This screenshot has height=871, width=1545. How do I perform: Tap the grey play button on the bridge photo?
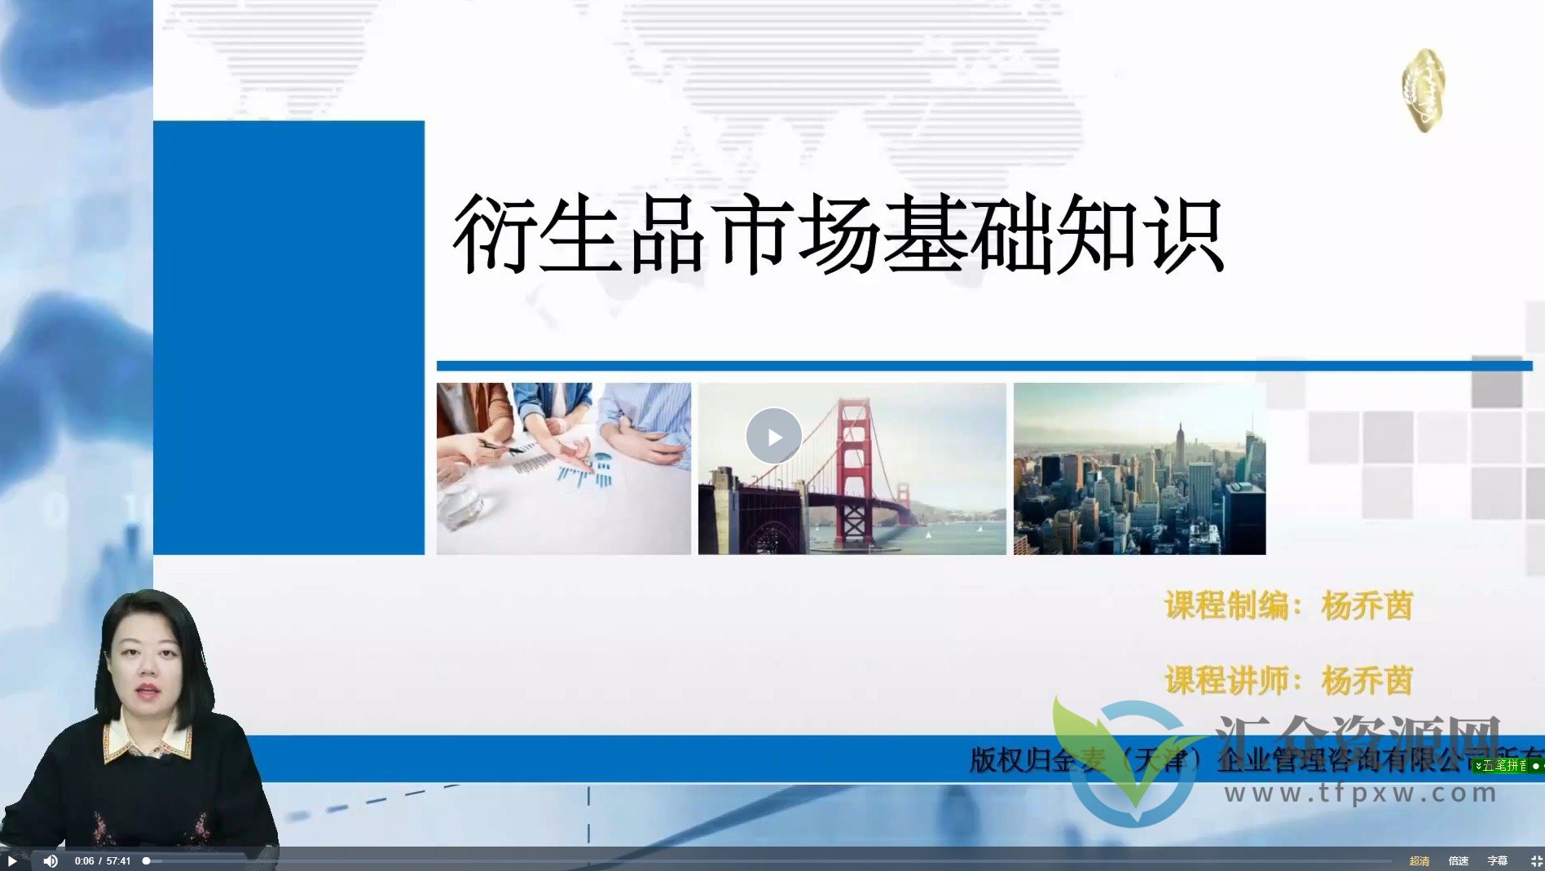(x=773, y=437)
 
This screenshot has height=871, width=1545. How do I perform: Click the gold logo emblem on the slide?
(x=1424, y=90)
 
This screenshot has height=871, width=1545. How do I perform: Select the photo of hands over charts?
(x=563, y=468)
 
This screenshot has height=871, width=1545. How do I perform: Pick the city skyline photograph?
(x=1139, y=468)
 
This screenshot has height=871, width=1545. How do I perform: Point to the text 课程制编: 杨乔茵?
(x=1287, y=605)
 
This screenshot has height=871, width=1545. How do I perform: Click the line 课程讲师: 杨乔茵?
(x=1287, y=680)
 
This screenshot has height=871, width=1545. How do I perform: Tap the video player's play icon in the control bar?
(x=12, y=860)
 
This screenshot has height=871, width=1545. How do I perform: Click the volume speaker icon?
(x=51, y=860)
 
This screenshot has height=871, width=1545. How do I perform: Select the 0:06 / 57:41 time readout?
(x=103, y=860)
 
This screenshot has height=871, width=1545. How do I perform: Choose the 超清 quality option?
(x=1420, y=860)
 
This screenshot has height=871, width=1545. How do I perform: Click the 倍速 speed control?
(x=1459, y=860)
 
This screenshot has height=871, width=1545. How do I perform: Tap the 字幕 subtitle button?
(x=1498, y=860)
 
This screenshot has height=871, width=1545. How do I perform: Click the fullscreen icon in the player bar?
(x=1535, y=860)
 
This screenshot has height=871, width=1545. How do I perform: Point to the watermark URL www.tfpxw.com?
(x=1361, y=793)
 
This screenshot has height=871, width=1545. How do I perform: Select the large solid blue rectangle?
(x=288, y=337)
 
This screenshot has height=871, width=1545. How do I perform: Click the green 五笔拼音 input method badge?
(x=1506, y=765)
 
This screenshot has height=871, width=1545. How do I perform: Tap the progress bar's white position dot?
(x=147, y=860)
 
